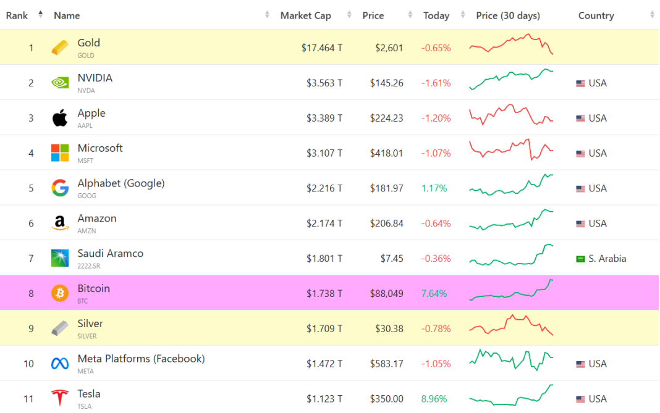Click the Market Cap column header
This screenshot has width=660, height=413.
(305, 15)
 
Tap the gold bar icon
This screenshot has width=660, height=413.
(60, 48)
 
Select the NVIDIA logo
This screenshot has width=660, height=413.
(60, 83)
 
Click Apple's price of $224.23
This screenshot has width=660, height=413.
(386, 118)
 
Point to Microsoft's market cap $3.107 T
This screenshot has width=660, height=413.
(324, 153)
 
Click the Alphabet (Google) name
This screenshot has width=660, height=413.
(121, 183)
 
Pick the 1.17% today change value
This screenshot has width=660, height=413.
(434, 188)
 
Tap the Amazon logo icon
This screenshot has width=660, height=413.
(60, 223)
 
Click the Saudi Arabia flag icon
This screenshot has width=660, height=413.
(580, 259)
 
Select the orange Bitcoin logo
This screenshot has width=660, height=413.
(60, 293)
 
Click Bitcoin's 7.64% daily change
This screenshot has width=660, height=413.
(434, 294)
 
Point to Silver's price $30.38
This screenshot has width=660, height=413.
(389, 328)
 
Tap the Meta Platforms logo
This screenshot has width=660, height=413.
(60, 364)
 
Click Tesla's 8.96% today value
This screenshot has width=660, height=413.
(434, 399)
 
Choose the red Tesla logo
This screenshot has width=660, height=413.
(60, 398)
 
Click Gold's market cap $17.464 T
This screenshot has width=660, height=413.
(321, 48)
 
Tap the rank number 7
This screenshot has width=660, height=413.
(31, 258)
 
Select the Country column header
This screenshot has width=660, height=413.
(596, 15)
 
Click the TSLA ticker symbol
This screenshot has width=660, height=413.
(85, 406)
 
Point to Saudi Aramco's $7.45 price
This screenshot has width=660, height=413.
(392, 258)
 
